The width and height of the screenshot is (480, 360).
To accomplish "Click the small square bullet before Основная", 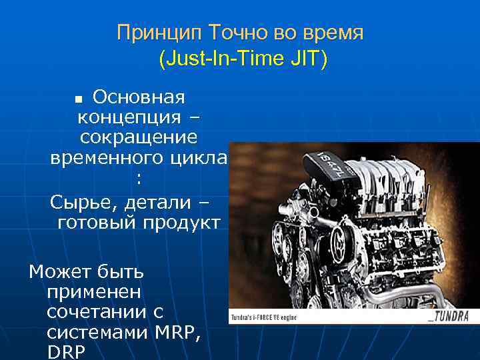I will point(80,99).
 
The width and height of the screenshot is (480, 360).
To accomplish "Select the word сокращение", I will point(138,138).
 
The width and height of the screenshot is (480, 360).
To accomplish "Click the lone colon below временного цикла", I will point(138,179).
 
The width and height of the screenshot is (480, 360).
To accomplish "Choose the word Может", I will point(59,271).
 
